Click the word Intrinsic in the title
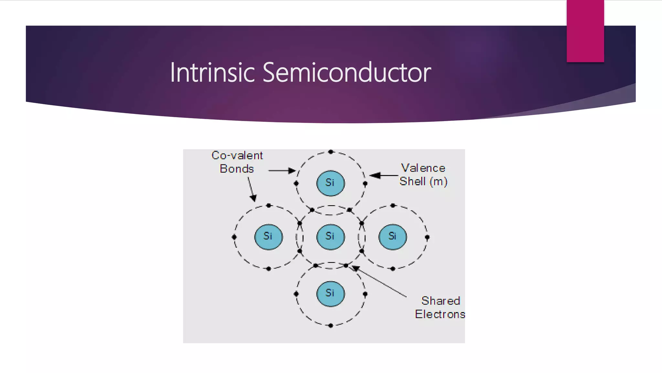tap(212, 73)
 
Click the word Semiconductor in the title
tap(347, 73)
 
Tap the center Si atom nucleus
tap(330, 237)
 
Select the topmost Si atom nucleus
tap(330, 183)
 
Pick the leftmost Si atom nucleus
tap(268, 237)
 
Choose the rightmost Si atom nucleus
tap(392, 237)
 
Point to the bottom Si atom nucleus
tap(330, 294)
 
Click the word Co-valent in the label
tap(237, 155)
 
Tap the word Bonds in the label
tap(237, 169)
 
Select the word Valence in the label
tap(423, 168)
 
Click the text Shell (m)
tap(423, 181)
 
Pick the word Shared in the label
tap(440, 301)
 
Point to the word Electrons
tap(440, 314)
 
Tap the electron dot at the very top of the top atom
tap(330, 152)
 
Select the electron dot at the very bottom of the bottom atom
tap(330, 325)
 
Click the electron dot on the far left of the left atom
tap(234, 237)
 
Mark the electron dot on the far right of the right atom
tap(427, 237)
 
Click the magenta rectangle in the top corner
tap(585, 31)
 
